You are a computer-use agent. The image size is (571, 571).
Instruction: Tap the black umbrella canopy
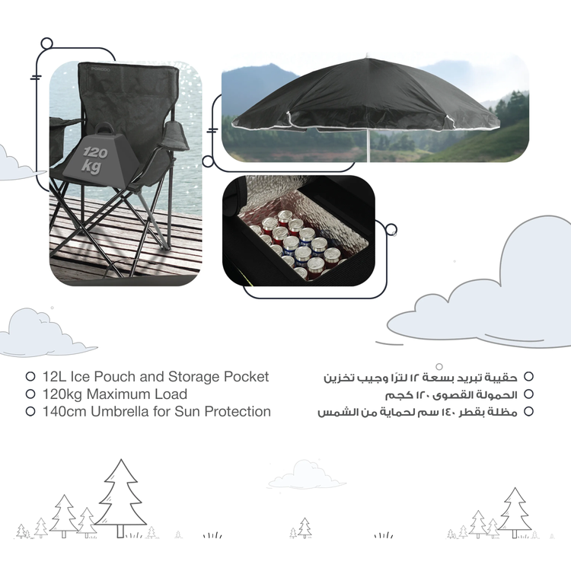tap(365, 99)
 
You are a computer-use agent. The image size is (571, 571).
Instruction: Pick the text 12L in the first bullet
tap(54, 377)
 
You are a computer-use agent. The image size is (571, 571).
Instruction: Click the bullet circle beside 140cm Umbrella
tap(30, 412)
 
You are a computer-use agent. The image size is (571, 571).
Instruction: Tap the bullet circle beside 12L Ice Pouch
tap(30, 377)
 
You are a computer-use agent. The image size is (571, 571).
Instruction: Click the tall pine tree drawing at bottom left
tap(120, 495)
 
